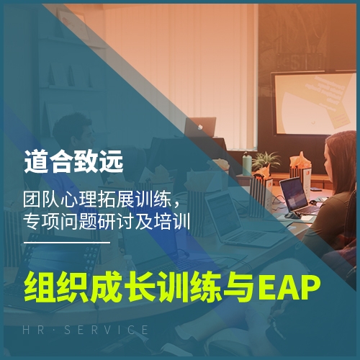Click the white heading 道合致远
73,161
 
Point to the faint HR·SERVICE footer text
85,330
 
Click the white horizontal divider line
67,243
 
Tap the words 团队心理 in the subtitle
60,199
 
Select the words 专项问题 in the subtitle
60,221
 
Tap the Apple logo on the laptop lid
200,127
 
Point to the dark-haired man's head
74,131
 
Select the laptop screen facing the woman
294,195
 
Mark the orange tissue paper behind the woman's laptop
300,161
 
